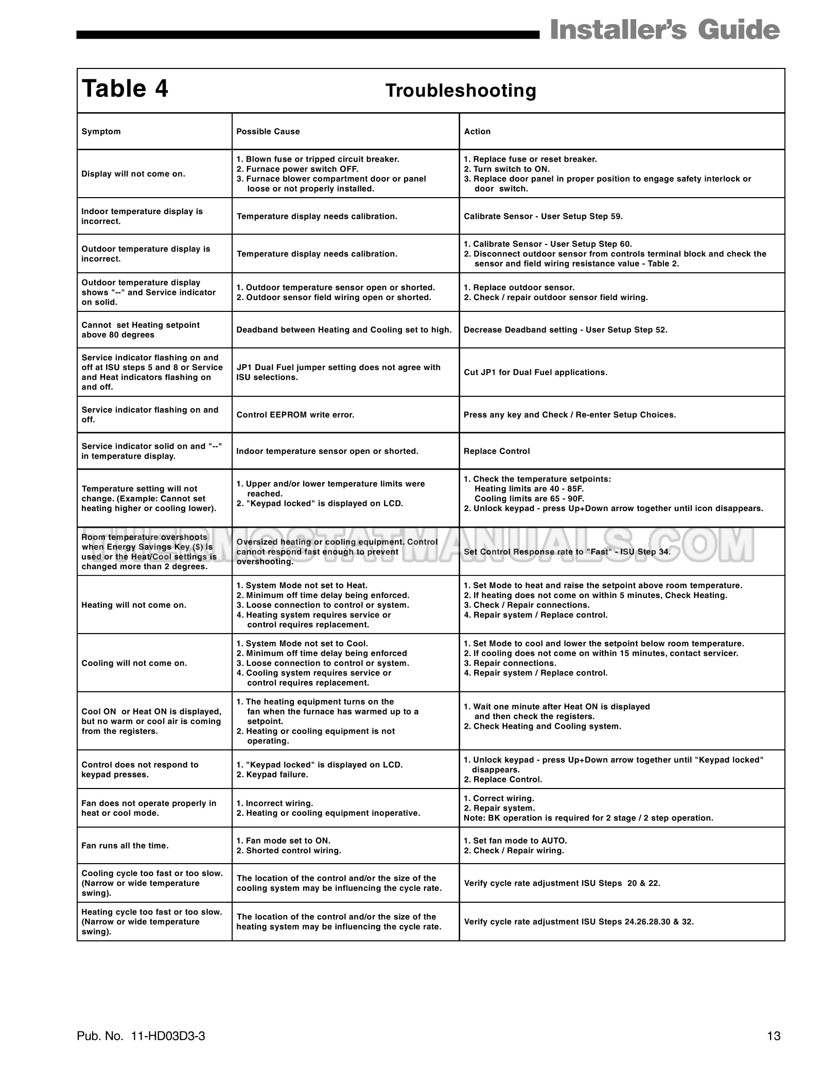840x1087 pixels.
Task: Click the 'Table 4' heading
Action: coord(125,89)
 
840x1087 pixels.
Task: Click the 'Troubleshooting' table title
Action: coord(461,91)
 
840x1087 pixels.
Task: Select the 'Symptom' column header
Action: coord(101,132)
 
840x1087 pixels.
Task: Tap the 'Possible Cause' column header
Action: coord(268,132)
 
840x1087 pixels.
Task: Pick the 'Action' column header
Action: coord(477,132)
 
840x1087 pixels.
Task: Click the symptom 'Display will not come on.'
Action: coord(133,174)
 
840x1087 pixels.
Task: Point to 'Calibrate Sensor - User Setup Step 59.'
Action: coord(543,217)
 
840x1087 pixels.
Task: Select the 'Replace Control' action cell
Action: coord(497,451)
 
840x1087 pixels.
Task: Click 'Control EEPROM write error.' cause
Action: coord(295,415)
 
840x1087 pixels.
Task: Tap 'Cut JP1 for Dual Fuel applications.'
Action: coord(535,372)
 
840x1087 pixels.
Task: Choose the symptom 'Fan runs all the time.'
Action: coord(125,846)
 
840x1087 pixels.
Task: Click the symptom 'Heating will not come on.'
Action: coord(134,605)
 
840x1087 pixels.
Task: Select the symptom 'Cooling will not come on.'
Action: coord(134,663)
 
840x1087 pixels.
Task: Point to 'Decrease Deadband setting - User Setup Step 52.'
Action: coord(565,330)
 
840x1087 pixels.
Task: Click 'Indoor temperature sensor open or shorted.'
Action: coord(327,451)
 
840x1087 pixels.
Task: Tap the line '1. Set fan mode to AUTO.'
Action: coord(515,841)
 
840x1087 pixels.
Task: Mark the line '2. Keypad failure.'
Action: coord(272,775)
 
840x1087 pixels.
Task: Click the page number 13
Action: coord(774,1036)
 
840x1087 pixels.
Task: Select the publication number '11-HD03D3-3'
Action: coord(168,1036)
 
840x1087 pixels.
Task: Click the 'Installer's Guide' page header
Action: coord(664,30)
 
